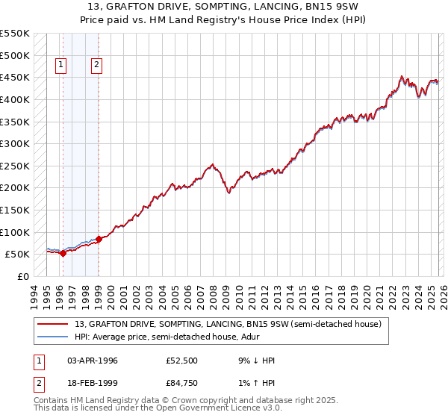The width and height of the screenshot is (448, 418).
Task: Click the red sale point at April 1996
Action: click(63, 253)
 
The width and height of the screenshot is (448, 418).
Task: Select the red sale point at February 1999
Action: click(99, 239)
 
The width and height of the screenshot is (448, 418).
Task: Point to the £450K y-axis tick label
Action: click(15, 77)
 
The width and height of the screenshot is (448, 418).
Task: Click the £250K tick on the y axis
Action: click(15, 166)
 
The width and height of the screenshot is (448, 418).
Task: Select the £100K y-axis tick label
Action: click(15, 232)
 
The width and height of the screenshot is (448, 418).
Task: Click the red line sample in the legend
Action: click(52, 324)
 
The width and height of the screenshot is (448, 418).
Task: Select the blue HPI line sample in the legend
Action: click(52, 337)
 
